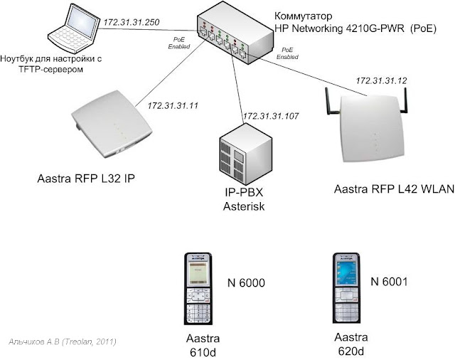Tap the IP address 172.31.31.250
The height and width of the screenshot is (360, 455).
tap(131, 23)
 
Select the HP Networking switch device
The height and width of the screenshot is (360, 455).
tap(230, 38)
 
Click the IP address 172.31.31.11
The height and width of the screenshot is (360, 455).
tap(172, 105)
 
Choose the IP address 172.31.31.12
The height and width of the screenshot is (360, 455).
tap(381, 81)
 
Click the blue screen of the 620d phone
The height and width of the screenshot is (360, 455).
tap(348, 275)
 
